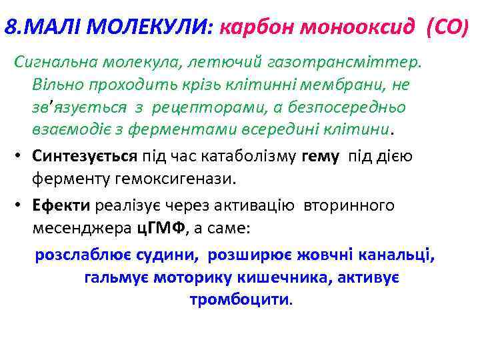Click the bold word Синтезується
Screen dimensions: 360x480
pyautogui.click(x=85, y=138)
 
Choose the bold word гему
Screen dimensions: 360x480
pyautogui.click(x=320, y=138)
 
